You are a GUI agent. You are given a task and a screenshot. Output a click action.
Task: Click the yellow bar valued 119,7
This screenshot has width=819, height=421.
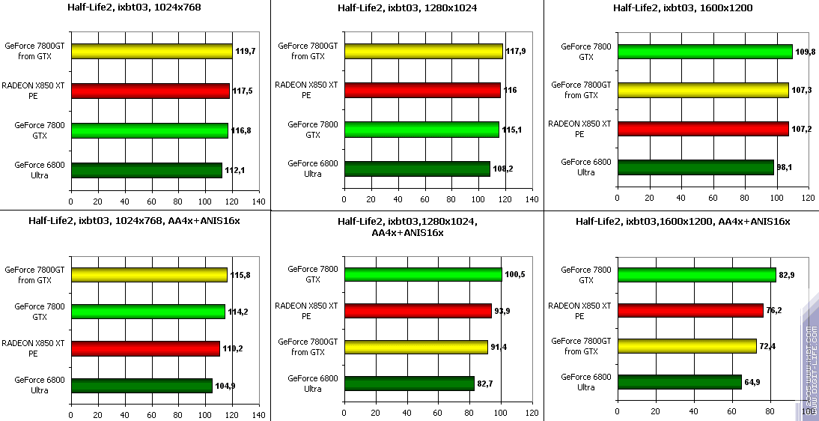tap(151, 52)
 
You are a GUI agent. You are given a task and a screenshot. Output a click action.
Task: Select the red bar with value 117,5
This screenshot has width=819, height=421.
tap(150, 91)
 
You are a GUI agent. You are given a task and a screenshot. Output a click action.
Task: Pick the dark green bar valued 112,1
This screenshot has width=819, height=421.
tap(146, 170)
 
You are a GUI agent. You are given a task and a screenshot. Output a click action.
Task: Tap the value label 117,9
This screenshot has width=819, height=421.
tap(516, 51)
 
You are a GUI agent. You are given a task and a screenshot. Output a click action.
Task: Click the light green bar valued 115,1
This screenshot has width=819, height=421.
tap(421, 130)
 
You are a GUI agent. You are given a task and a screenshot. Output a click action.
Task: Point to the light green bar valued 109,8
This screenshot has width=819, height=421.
tap(704, 52)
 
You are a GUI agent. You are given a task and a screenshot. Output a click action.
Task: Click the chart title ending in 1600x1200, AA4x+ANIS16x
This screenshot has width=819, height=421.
tap(682, 221)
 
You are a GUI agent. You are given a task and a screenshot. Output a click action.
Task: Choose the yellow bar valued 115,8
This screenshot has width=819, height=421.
tap(149, 275)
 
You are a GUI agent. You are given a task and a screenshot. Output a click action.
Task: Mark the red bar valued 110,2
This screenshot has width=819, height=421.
tap(145, 348)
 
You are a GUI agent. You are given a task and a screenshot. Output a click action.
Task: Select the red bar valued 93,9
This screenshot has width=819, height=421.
tap(418, 311)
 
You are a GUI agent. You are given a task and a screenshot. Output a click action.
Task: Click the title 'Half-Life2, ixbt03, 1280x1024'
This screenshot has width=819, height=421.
tap(407, 8)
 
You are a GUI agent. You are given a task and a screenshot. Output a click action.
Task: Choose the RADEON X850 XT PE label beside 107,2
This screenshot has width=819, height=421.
tap(579, 129)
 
